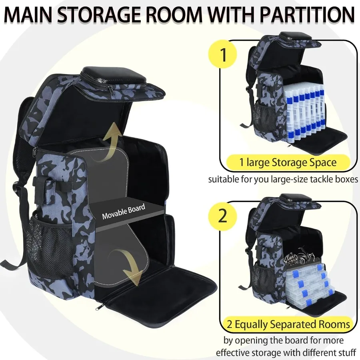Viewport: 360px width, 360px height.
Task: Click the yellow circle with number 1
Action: pyautogui.click(x=223, y=55)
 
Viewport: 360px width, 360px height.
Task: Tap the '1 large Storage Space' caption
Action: pyautogui.click(x=288, y=162)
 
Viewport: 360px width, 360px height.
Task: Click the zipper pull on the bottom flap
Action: pyautogui.click(x=100, y=307)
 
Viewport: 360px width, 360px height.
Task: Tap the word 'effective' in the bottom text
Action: pyautogui.click(x=233, y=353)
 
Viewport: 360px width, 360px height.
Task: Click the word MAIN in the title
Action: pyautogui.click(x=32, y=15)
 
